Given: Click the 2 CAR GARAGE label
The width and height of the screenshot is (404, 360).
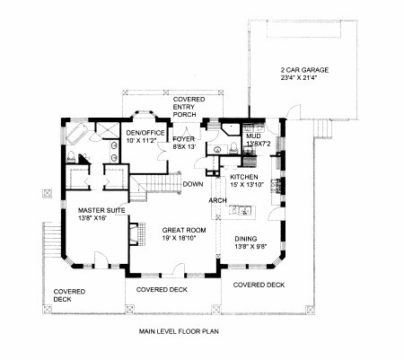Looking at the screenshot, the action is coord(304,70).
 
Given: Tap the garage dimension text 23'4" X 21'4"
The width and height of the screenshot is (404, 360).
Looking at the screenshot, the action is coord(299,78).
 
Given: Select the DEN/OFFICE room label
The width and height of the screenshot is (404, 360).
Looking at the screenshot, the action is coord(145,133).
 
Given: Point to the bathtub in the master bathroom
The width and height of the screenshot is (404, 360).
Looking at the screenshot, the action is coord(76,133).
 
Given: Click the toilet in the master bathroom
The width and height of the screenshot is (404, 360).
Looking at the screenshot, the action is coord(71,157).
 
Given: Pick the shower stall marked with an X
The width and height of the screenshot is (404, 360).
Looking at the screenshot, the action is coord(107,130).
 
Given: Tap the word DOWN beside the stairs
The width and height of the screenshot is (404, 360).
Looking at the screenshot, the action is coord(193,184).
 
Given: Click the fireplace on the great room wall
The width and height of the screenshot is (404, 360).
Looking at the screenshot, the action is coord(137,233).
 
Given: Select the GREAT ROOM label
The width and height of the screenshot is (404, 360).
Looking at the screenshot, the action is coord(184,230).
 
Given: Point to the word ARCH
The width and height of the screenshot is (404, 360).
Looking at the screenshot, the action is coord(217,200).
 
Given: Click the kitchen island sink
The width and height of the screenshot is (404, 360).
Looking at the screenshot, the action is coord(242,210).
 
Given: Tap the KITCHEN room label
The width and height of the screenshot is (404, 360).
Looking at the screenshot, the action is coord(244,177).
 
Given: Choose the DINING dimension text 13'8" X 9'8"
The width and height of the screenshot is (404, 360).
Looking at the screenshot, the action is coord(250,247).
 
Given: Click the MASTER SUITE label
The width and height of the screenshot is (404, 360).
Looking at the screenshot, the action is coord(101,210).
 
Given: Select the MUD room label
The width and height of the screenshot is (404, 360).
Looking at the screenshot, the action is coord(253,136).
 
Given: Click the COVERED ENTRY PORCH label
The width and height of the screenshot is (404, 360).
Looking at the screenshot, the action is coord(189,107).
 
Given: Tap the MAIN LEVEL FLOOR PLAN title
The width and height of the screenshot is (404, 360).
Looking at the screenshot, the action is coord(179,331).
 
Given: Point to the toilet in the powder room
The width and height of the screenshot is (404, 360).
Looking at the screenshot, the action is coord(233,148).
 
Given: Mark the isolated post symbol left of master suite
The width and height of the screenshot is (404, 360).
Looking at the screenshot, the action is coord(47,193).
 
